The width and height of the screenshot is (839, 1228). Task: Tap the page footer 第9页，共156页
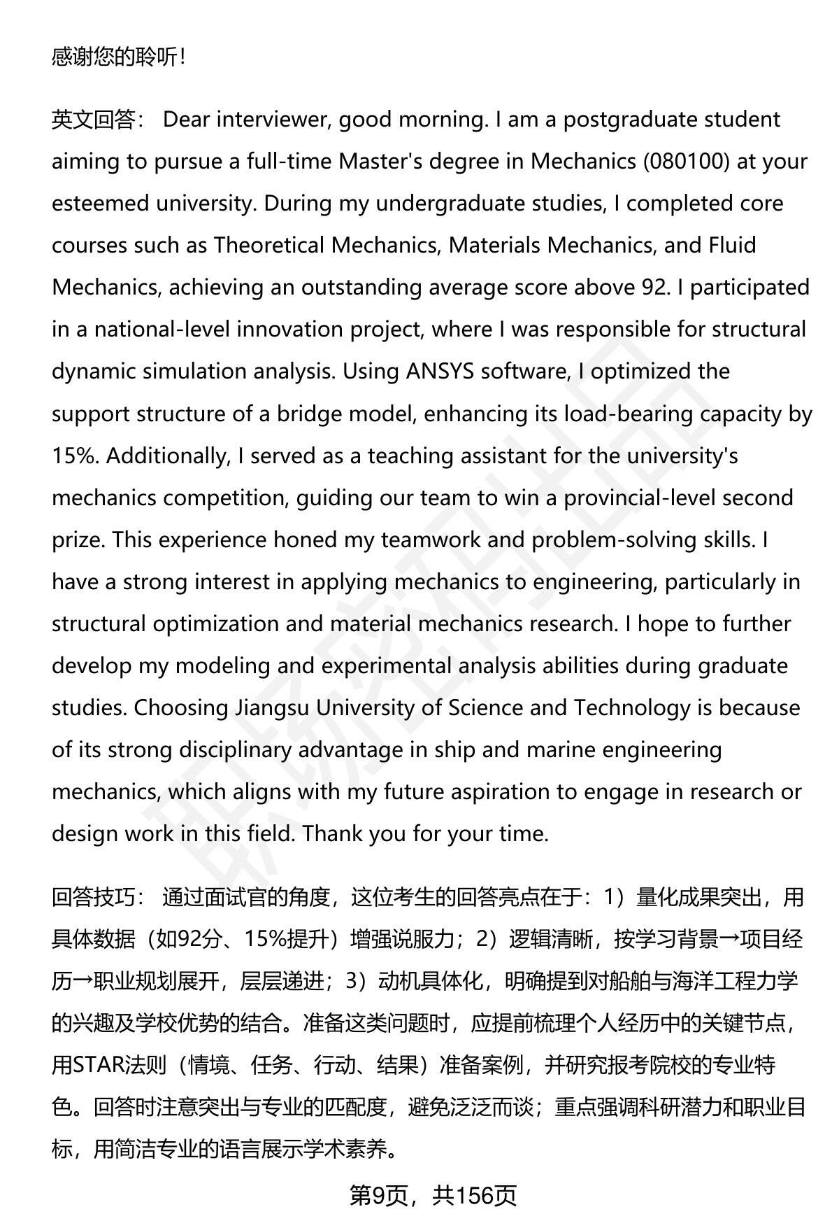point(433,1196)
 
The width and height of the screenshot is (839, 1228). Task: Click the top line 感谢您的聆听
point(119,57)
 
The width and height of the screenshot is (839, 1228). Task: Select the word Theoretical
point(269,246)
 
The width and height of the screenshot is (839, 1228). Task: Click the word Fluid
point(732,246)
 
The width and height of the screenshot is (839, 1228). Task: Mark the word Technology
point(632,708)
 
